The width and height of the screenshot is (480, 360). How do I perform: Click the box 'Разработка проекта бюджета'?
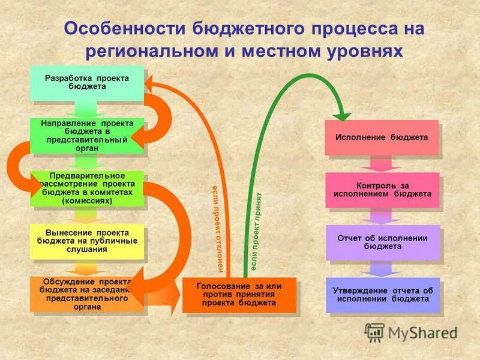[87, 83]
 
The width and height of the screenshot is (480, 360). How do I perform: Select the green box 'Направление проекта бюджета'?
[87, 136]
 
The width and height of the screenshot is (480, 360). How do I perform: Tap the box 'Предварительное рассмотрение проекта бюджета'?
[87, 188]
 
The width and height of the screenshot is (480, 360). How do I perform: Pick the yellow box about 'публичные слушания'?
[87, 241]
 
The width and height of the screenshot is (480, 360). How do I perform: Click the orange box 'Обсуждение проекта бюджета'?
[87, 294]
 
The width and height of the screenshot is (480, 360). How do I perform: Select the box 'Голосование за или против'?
[239, 295]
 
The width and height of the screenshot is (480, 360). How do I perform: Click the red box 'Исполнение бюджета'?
[382, 137]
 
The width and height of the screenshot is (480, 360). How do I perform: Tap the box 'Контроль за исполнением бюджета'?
[382, 190]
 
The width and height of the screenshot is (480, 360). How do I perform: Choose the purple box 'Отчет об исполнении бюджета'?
[382, 242]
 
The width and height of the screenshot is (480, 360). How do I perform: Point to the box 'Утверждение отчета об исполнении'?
[382, 295]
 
